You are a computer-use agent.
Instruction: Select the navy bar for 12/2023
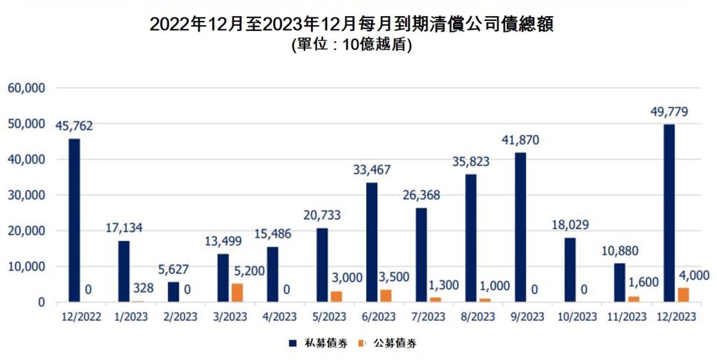669,214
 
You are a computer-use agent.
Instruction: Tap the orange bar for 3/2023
237,293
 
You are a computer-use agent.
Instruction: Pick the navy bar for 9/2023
520,228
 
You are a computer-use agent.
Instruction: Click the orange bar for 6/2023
386,296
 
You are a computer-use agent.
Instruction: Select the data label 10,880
622,250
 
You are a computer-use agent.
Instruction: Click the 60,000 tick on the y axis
26,88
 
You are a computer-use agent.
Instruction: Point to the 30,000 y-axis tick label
26,195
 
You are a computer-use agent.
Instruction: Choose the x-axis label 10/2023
574,317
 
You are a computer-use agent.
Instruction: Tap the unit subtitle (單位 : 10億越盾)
357,46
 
